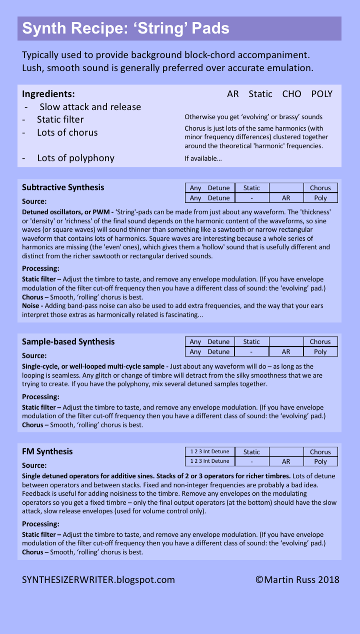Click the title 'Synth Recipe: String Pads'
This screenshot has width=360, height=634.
[x=125, y=28]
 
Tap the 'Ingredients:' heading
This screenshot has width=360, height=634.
[x=48, y=94]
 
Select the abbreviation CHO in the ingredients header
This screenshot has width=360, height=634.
[x=291, y=94]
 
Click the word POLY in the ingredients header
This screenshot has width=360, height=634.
[x=321, y=94]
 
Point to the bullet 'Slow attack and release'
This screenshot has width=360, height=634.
[x=90, y=107]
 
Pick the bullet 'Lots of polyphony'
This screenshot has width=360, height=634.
[x=75, y=158]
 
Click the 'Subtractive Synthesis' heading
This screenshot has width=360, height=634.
[x=63, y=187]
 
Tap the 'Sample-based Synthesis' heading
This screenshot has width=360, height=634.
[x=68, y=342]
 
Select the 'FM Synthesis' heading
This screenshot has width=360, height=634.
[x=47, y=451]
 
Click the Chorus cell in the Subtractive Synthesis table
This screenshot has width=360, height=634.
[x=320, y=188]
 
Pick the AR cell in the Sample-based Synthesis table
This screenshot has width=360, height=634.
[x=286, y=352]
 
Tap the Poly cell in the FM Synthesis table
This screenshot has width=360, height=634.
[x=320, y=461]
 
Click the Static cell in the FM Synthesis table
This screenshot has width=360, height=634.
[x=251, y=452]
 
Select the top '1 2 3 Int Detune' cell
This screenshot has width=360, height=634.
[x=209, y=452]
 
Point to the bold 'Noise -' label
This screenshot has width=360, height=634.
[x=32, y=306]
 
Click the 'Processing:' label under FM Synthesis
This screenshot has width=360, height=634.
[x=40, y=524]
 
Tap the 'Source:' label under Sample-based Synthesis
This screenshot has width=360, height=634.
[x=34, y=356]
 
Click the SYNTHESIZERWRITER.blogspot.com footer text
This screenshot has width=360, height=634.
[x=98, y=580]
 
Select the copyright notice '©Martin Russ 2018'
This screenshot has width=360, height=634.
[x=297, y=580]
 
